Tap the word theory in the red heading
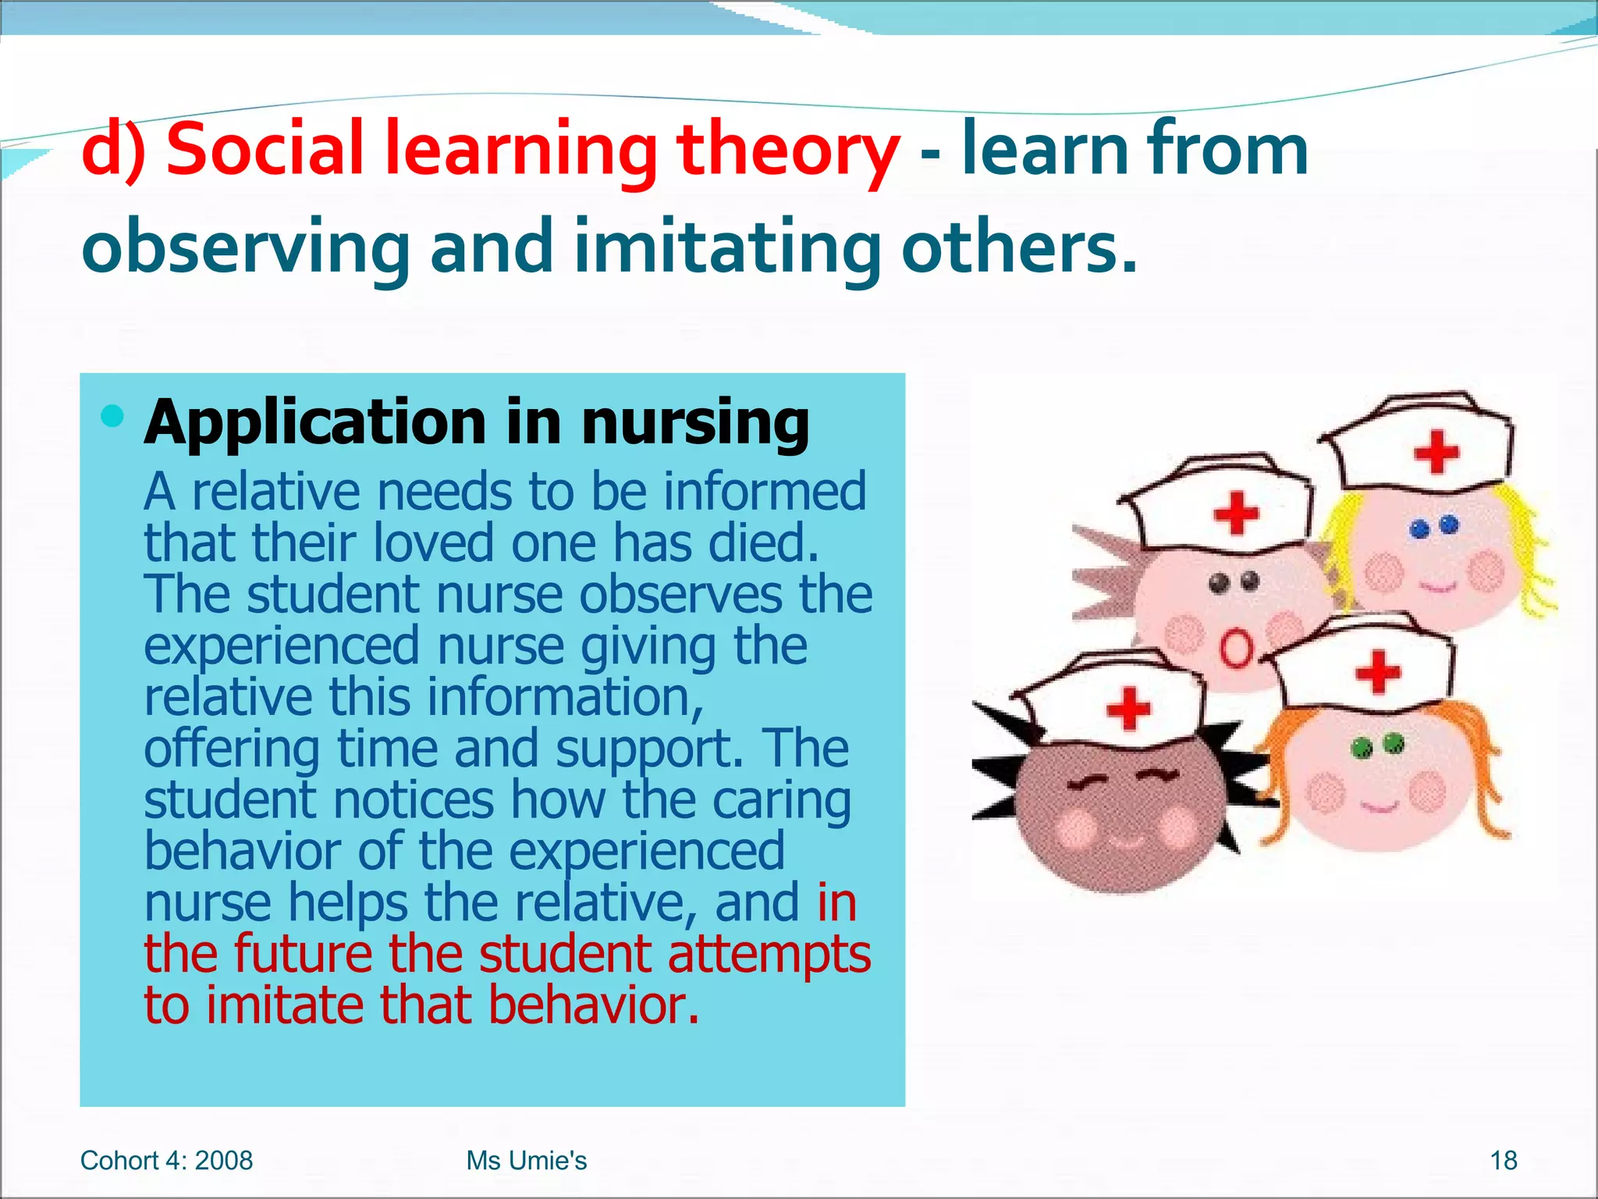pyautogui.click(x=788, y=150)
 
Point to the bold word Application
pyautogui.click(x=315, y=423)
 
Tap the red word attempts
pyautogui.click(x=769, y=954)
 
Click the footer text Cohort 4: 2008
pyautogui.click(x=166, y=1161)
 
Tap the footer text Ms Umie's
pyautogui.click(x=526, y=1161)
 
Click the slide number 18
pyautogui.click(x=1503, y=1161)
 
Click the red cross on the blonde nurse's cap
pyautogui.click(x=1436, y=452)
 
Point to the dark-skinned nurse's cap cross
pyautogui.click(x=1128, y=709)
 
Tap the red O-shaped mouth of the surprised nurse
pyautogui.click(x=1235, y=649)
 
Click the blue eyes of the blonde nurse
pyautogui.click(x=1434, y=527)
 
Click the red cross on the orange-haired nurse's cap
pyautogui.click(x=1378, y=672)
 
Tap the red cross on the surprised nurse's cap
pyautogui.click(x=1237, y=513)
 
